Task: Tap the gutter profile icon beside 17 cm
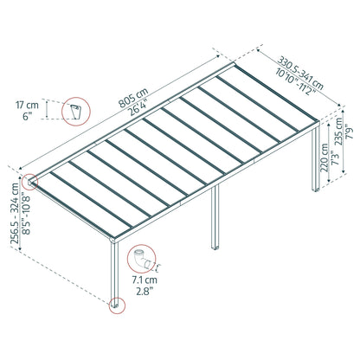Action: click(x=79, y=111)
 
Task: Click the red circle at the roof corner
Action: click(x=32, y=183)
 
